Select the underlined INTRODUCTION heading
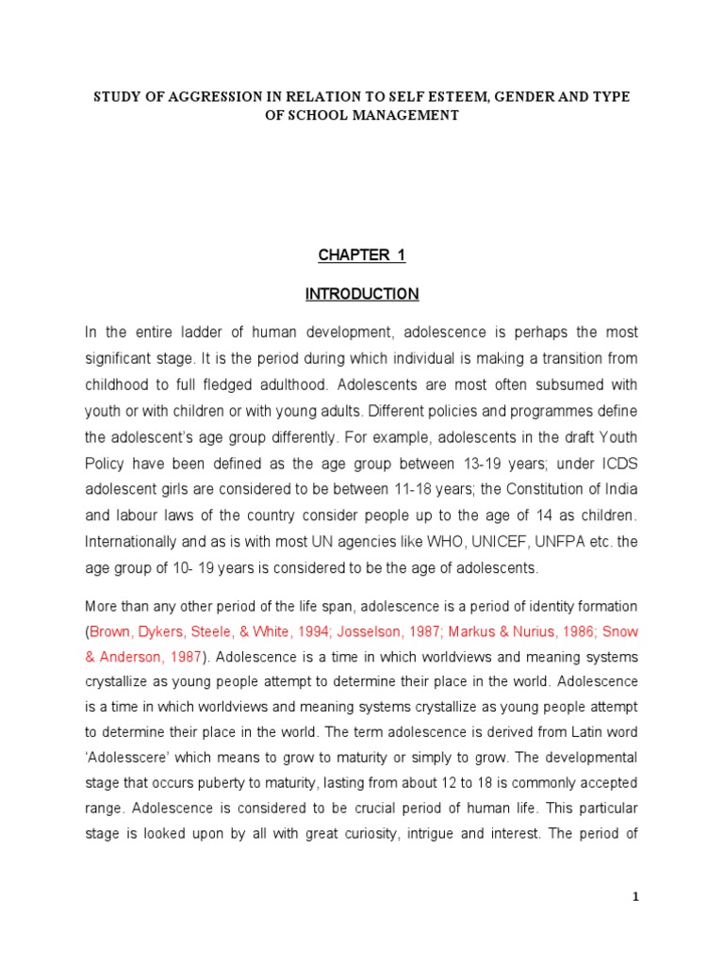(x=362, y=294)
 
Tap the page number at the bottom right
(x=635, y=897)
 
